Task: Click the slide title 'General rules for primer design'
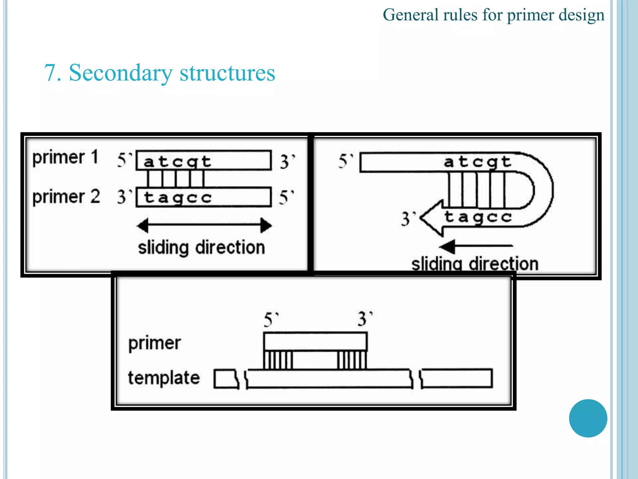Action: click(493, 15)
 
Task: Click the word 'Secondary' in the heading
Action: click(120, 73)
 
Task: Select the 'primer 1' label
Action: click(65, 157)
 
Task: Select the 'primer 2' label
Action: click(66, 197)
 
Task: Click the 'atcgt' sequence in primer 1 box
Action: click(177, 162)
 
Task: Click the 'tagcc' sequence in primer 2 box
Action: click(178, 198)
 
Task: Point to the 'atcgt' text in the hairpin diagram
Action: click(478, 162)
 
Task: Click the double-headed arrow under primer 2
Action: click(204, 225)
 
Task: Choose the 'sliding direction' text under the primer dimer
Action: click(202, 248)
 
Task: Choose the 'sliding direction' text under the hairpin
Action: click(475, 264)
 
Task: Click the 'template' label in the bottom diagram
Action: click(164, 378)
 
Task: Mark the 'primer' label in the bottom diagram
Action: click(155, 343)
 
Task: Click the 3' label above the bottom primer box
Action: click(364, 319)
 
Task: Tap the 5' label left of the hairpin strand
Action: click(345, 161)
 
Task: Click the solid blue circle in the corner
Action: click(588, 418)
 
